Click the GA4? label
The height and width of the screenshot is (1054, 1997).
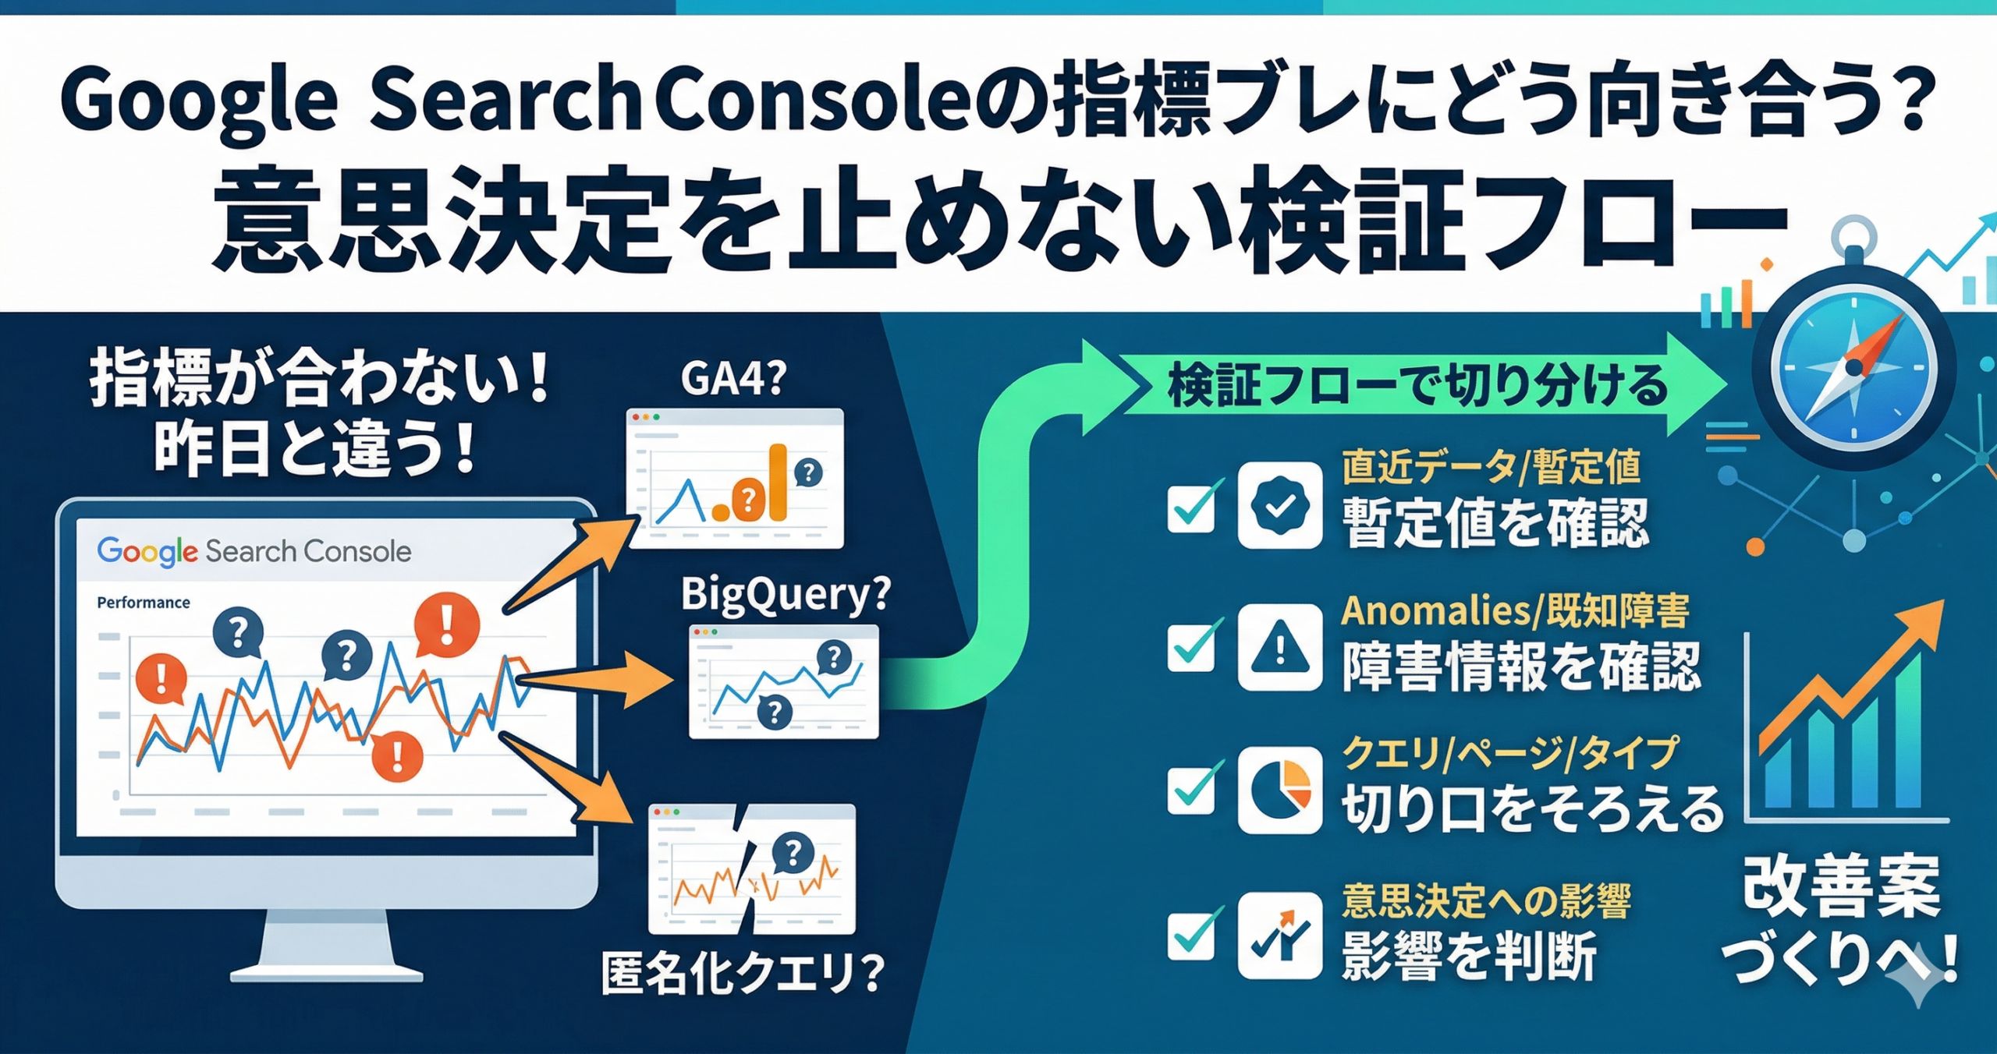pos(733,379)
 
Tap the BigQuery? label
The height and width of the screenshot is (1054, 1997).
pos(785,596)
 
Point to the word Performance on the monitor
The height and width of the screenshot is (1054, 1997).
pos(143,603)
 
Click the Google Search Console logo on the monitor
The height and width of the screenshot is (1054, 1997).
pos(254,551)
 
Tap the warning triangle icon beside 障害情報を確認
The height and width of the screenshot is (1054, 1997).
pos(1279,648)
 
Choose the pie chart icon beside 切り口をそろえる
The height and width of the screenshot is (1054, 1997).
pos(1279,790)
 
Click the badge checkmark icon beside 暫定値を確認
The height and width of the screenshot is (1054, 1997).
pos(1279,506)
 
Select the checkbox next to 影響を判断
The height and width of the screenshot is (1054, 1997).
pos(1191,935)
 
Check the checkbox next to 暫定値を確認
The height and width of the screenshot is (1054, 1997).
pos(1191,508)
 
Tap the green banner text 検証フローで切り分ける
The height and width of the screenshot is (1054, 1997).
pos(1417,385)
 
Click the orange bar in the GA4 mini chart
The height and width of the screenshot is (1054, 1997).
pos(776,483)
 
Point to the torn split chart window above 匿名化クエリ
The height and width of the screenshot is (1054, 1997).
pos(751,870)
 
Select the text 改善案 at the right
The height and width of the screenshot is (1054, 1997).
pos(1841,889)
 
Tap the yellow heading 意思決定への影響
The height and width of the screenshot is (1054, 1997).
pos(1486,901)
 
